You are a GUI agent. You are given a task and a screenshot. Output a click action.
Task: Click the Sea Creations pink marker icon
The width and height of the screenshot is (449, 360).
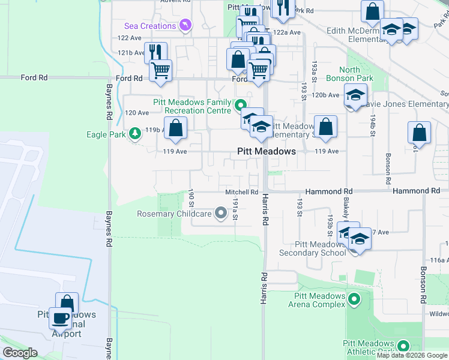185,26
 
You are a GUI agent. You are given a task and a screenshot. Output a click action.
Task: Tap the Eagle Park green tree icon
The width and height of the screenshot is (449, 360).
136,133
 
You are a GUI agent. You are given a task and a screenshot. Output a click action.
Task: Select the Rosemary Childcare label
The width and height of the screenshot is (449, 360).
174,214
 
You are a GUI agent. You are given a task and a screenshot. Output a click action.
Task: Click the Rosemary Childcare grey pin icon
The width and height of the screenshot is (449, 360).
220,213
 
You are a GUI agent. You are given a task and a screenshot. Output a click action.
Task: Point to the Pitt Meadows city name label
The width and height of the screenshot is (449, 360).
267,151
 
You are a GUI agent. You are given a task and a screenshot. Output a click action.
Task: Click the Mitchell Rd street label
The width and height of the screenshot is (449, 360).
241,193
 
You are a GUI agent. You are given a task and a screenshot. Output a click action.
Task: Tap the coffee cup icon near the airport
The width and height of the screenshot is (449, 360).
60,319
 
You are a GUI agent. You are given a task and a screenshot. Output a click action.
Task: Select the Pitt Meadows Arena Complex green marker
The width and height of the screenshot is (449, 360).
355,299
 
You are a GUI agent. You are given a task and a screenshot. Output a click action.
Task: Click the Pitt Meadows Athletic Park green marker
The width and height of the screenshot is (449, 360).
403,346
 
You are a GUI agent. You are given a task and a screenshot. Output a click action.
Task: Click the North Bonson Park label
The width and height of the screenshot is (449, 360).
350,74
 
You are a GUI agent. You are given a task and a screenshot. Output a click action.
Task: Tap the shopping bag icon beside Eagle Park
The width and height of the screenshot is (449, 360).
175,128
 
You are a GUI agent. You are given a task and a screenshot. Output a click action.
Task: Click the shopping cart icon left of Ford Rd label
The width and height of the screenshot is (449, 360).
160,71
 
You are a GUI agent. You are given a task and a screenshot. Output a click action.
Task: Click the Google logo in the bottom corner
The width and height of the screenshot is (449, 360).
20,353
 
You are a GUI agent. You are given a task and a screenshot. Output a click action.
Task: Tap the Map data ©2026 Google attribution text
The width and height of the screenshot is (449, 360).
412,355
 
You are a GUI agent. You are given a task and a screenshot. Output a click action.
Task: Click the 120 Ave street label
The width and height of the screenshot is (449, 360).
136,113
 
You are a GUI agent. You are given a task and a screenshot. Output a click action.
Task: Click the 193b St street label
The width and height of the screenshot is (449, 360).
330,222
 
